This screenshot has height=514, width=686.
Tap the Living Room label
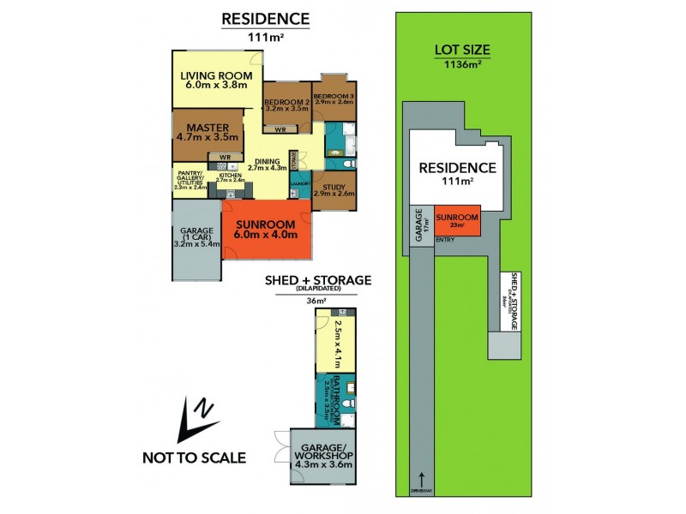[x=214, y=75]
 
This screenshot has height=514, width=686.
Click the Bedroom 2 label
[x=286, y=100]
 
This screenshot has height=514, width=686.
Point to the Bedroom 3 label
[x=334, y=96]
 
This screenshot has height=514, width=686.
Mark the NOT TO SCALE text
[x=194, y=457]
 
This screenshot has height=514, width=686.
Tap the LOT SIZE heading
[x=460, y=50]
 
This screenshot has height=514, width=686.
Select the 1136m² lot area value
[x=461, y=65]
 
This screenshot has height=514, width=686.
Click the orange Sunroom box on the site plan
[x=456, y=222]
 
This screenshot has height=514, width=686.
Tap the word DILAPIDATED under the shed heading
[x=317, y=290]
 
